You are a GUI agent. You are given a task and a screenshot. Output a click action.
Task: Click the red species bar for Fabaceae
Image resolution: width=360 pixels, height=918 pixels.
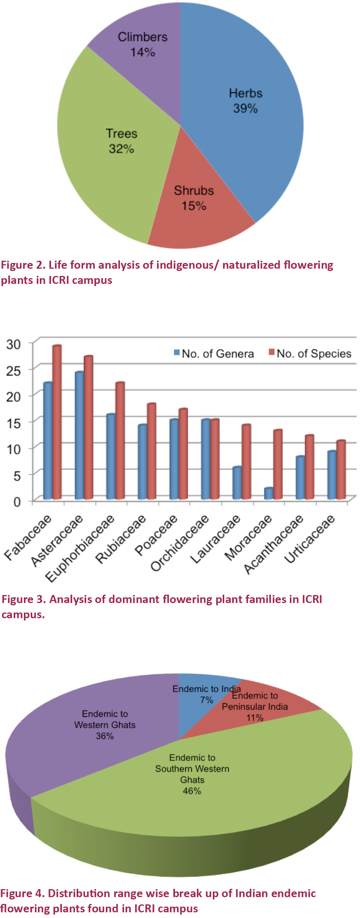coord(57,421)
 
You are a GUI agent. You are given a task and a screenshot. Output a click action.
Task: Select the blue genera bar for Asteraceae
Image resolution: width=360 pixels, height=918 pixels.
coord(79,436)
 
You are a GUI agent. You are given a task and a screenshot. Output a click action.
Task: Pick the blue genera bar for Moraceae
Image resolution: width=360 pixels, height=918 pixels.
coord(268,493)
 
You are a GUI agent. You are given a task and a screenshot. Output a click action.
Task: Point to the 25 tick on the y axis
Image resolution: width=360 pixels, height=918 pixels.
coord(13,370)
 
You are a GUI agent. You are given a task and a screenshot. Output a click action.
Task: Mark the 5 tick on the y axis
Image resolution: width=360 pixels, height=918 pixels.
coord(17,475)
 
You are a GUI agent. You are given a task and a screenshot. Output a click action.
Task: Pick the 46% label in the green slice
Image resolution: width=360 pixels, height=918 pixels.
coord(192,791)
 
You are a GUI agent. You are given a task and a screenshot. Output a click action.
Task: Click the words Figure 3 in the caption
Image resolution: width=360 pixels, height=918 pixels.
coord(24,599)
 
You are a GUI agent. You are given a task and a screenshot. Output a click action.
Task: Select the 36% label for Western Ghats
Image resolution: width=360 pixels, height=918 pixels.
coord(105,736)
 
